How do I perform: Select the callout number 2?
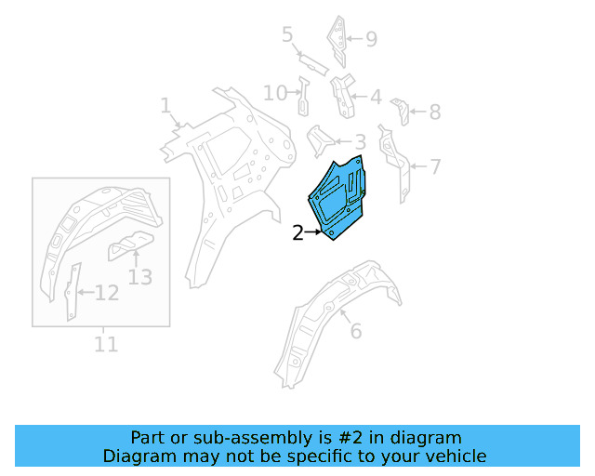[297, 233]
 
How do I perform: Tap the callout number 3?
[360, 142]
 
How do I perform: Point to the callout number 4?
[375, 97]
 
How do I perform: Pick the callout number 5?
[287, 35]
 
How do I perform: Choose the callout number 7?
[434, 167]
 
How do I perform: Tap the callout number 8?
[434, 112]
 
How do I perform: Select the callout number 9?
[371, 39]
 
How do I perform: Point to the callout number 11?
[106, 345]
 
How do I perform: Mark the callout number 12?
[107, 294]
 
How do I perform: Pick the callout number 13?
[139, 276]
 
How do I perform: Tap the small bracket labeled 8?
[401, 110]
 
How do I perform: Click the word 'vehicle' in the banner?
[456, 456]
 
